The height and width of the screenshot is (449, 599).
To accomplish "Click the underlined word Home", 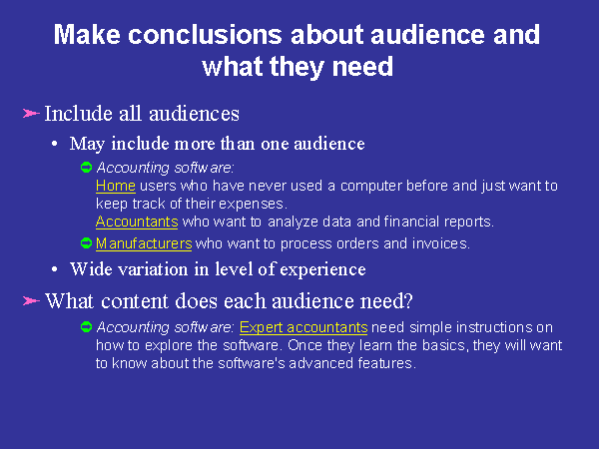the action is pos(116,186).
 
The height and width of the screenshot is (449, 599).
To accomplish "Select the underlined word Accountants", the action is pos(137,222).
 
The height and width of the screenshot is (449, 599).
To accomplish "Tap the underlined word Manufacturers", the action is pos(144,243).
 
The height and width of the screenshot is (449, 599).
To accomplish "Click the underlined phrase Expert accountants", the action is pos(303,327).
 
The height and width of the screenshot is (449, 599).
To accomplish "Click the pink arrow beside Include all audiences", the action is pos(31,114).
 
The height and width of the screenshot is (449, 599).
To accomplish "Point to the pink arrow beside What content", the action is pos(31,301).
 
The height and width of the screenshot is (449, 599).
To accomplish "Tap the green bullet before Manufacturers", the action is pos(87,243).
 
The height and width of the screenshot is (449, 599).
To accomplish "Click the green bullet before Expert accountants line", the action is pos(87,327).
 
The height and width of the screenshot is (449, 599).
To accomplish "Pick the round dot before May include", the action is pos(55,145).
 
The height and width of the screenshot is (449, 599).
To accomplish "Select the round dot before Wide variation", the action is pos(55,269).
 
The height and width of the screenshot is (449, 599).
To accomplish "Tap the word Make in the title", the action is pos(87,35).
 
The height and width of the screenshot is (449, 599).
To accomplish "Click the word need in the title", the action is pos(362,67).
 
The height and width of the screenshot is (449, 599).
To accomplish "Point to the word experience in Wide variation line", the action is pos(322,270).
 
